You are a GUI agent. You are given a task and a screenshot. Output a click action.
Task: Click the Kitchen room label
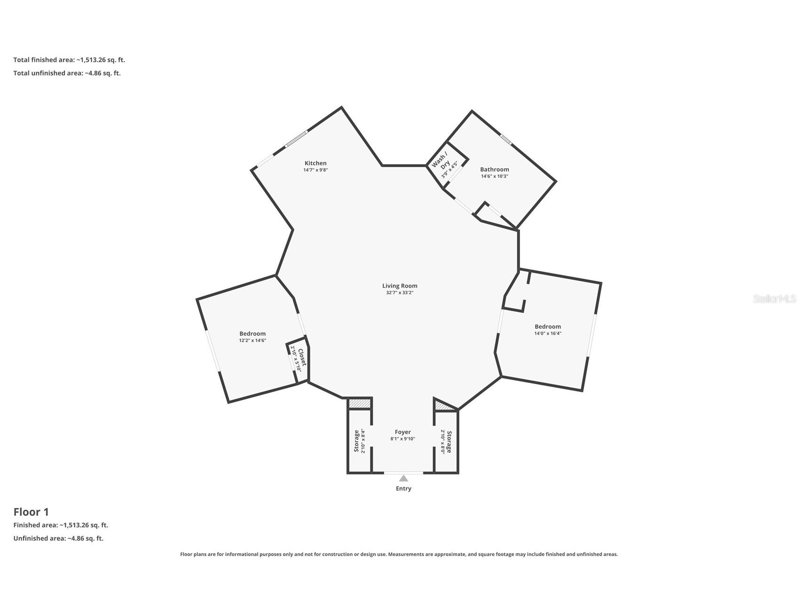316,163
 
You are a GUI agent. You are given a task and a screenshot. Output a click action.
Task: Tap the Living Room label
400,286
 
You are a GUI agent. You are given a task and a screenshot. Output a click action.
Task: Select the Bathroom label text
494,169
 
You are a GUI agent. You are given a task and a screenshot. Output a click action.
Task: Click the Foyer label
403,432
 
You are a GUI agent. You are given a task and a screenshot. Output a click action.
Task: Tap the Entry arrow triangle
403,479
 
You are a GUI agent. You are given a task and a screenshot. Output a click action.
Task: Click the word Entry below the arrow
403,488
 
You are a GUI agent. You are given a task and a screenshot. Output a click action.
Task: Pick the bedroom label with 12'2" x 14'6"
253,334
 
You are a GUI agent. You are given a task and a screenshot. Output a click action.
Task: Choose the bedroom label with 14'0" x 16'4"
548,327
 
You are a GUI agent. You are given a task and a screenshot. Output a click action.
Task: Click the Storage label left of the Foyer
356,441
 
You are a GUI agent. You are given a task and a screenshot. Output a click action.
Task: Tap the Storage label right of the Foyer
449,442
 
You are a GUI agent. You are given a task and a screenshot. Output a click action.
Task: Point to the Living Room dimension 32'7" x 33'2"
400,293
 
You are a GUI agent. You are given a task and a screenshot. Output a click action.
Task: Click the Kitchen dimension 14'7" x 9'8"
316,170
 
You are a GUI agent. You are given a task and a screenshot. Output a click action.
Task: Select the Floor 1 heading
31,512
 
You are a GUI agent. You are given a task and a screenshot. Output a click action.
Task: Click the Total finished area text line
69,60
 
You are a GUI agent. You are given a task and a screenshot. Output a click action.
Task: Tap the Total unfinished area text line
67,73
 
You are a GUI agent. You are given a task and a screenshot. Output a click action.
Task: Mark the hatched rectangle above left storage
360,404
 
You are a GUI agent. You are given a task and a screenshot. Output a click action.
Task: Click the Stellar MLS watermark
774,299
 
